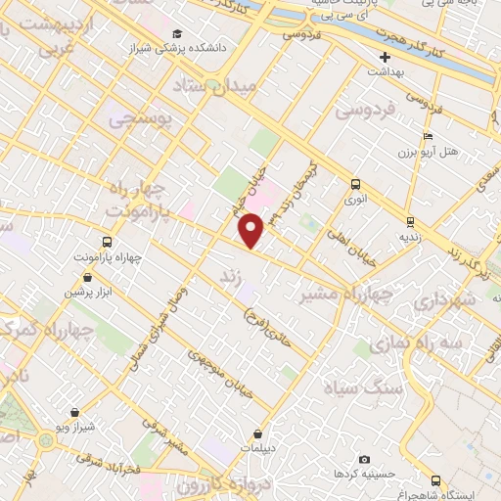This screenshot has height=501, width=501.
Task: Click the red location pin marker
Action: pyautogui.click(x=252, y=230)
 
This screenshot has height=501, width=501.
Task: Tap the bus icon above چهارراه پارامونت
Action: pyautogui.click(x=107, y=242)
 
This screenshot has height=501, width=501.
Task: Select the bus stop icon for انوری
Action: pyautogui.click(x=354, y=183)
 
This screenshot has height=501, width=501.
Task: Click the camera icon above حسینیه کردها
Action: pyautogui.click(x=364, y=459)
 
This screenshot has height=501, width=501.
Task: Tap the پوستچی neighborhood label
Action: pyautogui.click(x=139, y=119)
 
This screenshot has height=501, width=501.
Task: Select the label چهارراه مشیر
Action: pyautogui.click(x=345, y=293)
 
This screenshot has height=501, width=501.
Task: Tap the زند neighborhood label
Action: pyautogui.click(x=233, y=278)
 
